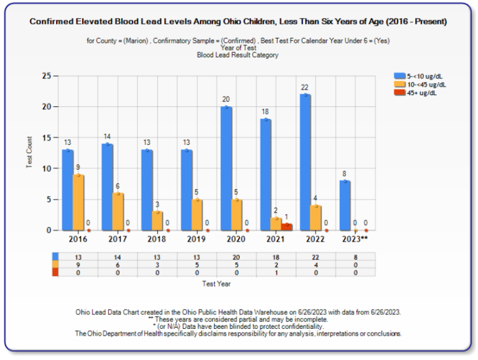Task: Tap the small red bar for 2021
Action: tap(286, 226)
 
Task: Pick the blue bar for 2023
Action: tap(345, 206)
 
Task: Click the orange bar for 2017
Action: tap(118, 212)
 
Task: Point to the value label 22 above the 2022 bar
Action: tap(305, 88)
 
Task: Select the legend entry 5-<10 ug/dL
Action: tap(423, 75)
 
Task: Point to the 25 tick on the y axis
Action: tap(46, 76)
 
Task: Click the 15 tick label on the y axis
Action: tap(46, 137)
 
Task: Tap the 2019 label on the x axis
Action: tap(197, 239)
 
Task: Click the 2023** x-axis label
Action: tap(355, 239)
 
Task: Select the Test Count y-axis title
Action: tap(29, 154)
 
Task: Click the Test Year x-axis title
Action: tap(217, 284)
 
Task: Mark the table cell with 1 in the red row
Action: tap(276, 272)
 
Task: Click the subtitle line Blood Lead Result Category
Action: tap(237, 55)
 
